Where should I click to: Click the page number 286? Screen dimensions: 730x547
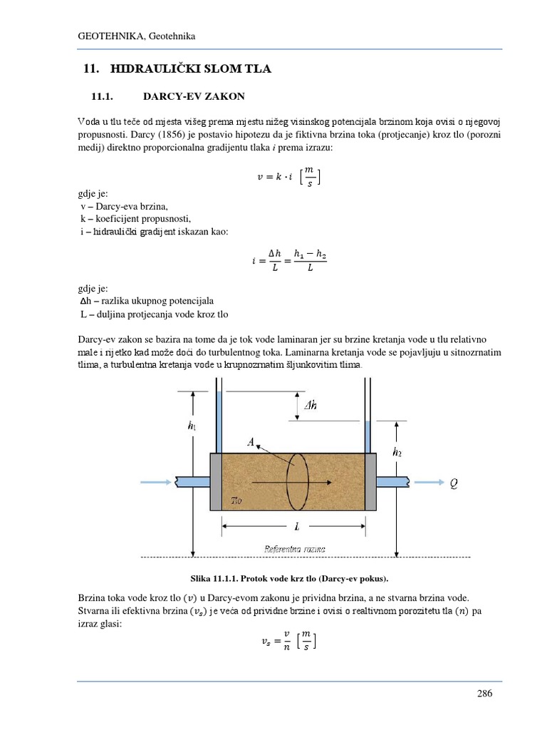[x=484, y=694]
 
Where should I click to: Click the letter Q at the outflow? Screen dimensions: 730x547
[x=454, y=483]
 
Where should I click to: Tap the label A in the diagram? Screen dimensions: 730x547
[x=251, y=443]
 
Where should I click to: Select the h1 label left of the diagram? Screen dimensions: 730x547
[x=192, y=426]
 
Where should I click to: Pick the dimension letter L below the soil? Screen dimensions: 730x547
[x=296, y=525]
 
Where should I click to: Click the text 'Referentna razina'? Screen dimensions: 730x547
[x=295, y=549]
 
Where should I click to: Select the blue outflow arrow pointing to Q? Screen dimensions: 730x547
[x=427, y=483]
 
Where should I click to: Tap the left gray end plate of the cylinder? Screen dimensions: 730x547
[x=216, y=482]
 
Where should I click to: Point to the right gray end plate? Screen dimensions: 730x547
[x=370, y=482]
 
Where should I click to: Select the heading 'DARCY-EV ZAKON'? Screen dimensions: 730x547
[x=194, y=96]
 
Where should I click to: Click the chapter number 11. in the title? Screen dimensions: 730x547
[x=90, y=69]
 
